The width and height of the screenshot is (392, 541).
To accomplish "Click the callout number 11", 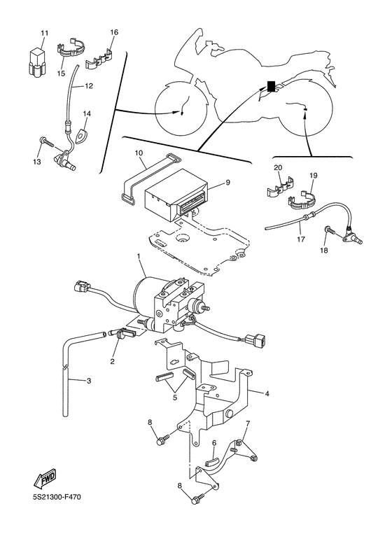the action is (44, 33).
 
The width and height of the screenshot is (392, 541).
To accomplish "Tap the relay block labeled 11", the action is (37, 62).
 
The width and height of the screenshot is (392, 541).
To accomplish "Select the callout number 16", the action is (114, 32).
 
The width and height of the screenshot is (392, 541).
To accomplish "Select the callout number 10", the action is (139, 153).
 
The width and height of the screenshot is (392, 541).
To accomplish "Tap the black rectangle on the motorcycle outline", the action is (272, 86).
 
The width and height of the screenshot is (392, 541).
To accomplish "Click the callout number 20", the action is (278, 168).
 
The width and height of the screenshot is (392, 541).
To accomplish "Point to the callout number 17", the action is (301, 239).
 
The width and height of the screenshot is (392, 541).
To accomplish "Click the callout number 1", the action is (139, 256).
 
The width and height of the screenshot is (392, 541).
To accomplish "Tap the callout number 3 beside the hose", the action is (89, 381).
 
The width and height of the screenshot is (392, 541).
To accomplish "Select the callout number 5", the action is (175, 398).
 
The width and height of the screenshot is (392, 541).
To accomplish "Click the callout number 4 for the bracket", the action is (267, 393).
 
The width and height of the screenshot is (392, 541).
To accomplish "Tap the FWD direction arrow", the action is (45, 478).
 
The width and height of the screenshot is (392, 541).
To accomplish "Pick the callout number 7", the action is (247, 423).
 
